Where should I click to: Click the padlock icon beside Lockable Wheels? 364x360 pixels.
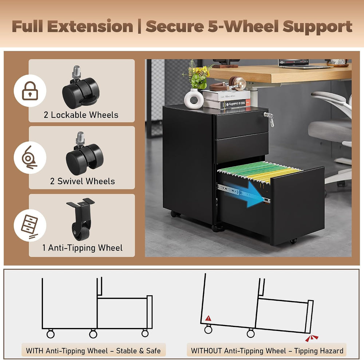click(x=30, y=91)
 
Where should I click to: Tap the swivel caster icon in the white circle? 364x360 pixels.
click(x=29, y=157)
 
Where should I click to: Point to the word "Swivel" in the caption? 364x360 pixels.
click(x=70, y=181)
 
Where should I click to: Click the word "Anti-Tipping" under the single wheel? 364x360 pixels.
click(x=72, y=248)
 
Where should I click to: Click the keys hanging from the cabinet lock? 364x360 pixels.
click(x=269, y=119)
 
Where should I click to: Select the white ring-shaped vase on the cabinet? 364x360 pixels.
click(x=194, y=99)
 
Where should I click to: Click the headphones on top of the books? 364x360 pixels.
click(x=229, y=84)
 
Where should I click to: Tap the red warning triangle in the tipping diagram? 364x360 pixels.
click(x=209, y=318)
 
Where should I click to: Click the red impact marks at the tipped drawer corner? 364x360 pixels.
click(x=311, y=338)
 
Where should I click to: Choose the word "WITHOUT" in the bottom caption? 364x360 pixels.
click(x=206, y=351)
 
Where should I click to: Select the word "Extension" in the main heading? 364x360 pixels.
click(x=90, y=26)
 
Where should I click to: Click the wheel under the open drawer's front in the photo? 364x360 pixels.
click(x=293, y=241)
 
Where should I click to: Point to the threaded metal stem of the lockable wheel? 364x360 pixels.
click(x=76, y=72)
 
